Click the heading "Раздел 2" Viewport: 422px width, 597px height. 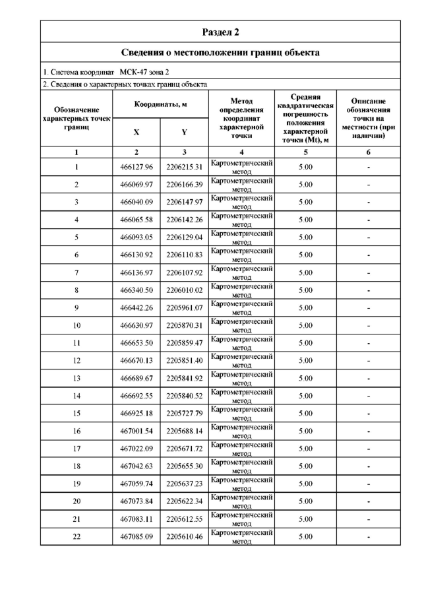point(220,31)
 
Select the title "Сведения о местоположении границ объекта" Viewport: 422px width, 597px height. point(220,52)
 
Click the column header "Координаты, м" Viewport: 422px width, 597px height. point(160,105)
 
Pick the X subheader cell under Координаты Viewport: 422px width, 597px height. point(136,132)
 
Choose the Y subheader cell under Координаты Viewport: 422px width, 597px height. point(184,132)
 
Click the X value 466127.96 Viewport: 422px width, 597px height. point(136,167)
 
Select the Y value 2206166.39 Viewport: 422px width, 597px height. point(184,185)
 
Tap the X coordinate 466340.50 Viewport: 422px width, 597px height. point(136,290)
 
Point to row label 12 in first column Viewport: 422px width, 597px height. point(76,361)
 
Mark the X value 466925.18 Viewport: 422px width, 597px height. point(136,414)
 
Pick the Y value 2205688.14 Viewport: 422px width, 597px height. point(184,431)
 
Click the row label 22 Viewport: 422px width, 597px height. point(76,537)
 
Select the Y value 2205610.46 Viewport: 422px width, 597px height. point(184,537)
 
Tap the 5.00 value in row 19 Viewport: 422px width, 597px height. point(305,484)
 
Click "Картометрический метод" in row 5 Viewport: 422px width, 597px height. point(242,237)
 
